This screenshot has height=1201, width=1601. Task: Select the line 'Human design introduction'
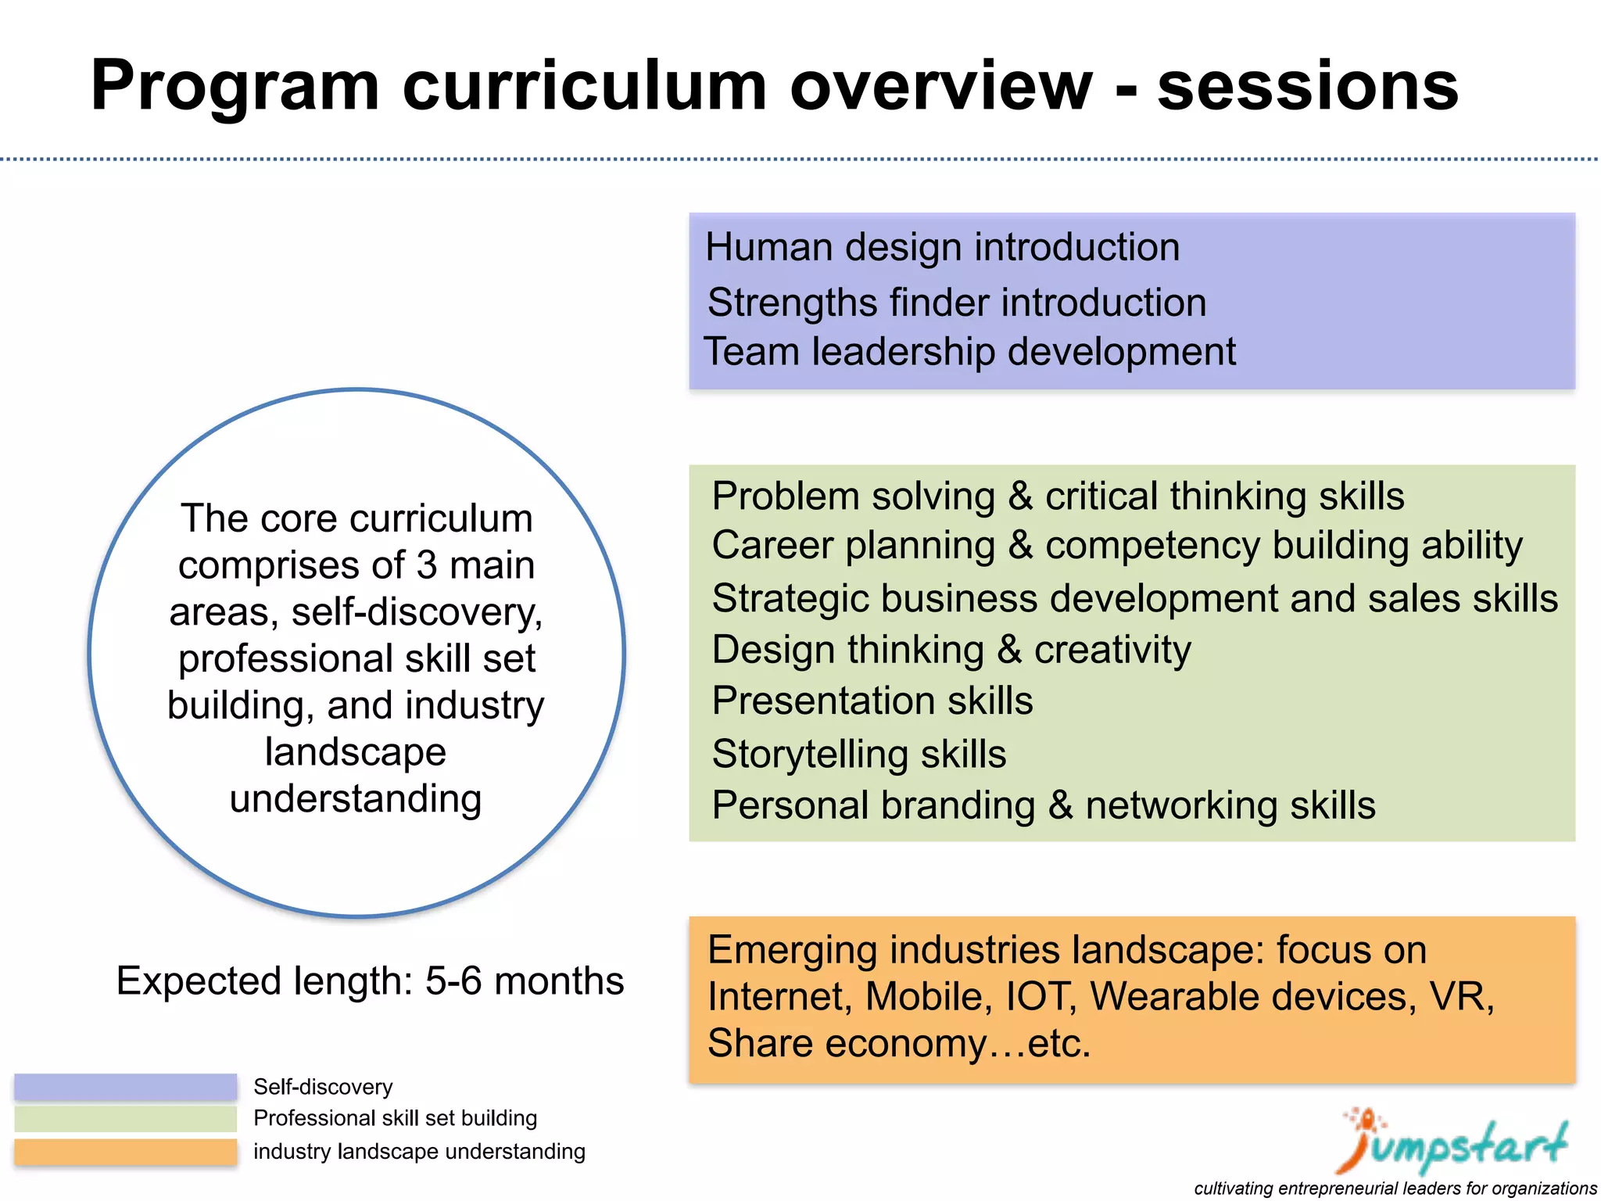click(942, 247)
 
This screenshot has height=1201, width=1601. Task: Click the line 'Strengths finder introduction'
click(956, 303)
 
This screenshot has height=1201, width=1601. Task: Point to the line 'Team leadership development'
click(969, 351)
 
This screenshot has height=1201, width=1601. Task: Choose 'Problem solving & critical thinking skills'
click(1058, 496)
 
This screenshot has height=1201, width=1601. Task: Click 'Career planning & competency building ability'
click(1116, 545)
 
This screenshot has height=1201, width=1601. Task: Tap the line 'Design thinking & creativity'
click(951, 650)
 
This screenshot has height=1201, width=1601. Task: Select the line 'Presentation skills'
click(872, 701)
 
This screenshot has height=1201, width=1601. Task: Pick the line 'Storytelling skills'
click(858, 754)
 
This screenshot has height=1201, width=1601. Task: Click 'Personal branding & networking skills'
click(1043, 805)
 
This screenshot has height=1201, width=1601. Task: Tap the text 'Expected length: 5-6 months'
click(370, 981)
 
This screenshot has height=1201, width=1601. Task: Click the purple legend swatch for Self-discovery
click(125, 1087)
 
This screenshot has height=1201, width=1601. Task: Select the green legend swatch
click(125, 1119)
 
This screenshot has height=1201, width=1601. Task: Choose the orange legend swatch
click(125, 1152)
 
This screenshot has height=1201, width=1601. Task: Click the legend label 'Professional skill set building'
click(395, 1118)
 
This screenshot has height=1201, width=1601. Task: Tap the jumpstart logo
click(1452, 1142)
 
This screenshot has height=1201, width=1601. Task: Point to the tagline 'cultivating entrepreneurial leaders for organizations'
click(1395, 1188)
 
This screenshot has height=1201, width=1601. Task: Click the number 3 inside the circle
click(426, 565)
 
